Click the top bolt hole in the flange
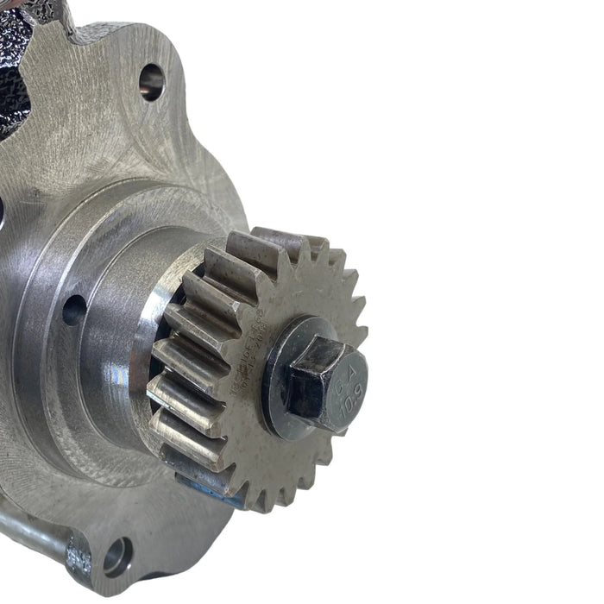tap(152, 82)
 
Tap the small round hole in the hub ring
tap(74, 310)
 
